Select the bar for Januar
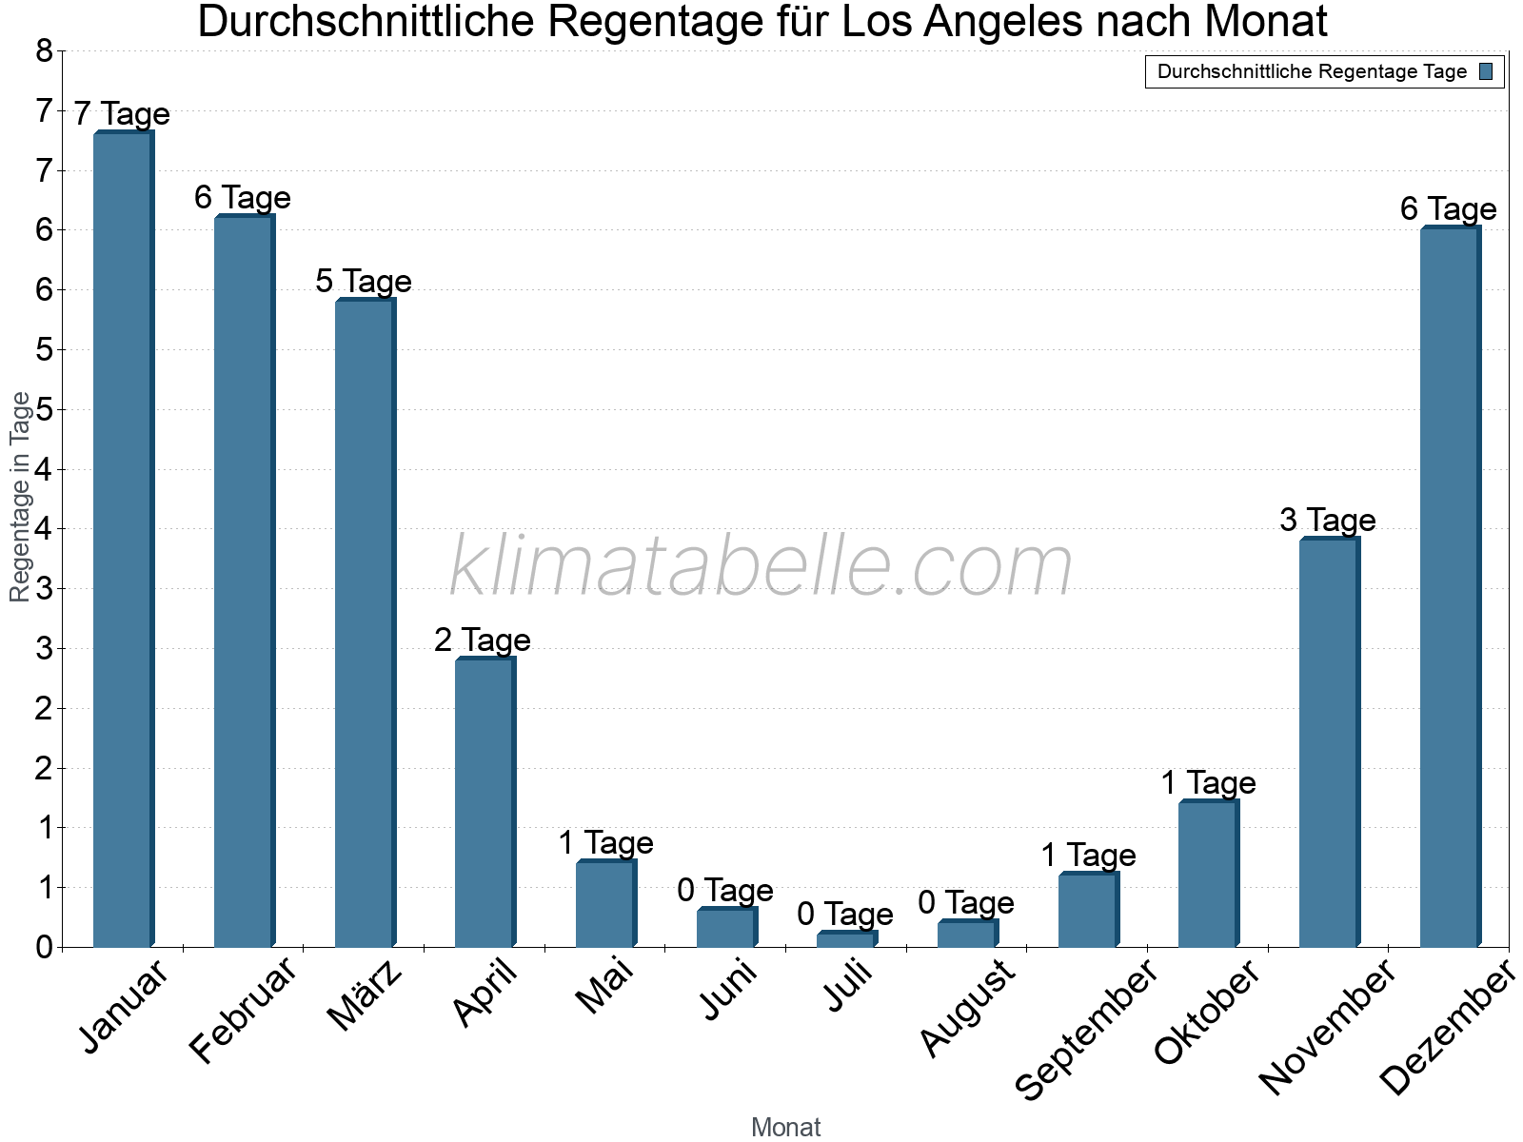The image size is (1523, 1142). pyautogui.click(x=123, y=539)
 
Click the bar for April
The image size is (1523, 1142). pyautogui.click(x=485, y=802)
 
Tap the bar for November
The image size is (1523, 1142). pyautogui.click(x=1329, y=742)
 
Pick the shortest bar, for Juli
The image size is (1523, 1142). pyautogui.click(x=845, y=939)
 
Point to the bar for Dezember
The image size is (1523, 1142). pyautogui.click(x=1450, y=587)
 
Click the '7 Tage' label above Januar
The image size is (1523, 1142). pyautogui.click(x=122, y=114)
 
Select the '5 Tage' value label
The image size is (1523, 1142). pyautogui.click(x=364, y=282)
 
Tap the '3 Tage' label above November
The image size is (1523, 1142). pyautogui.click(x=1328, y=521)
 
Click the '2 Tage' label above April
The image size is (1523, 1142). pyautogui.click(x=483, y=640)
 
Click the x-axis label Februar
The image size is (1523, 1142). pyautogui.click(x=244, y=1011)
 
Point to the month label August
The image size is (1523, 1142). pyautogui.click(x=967, y=1008)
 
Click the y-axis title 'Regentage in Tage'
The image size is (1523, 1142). pyautogui.click(x=20, y=497)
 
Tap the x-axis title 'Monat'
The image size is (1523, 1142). pyautogui.click(x=785, y=1128)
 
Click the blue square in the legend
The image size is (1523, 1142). pyautogui.click(x=1486, y=71)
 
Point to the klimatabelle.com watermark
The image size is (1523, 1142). pyautogui.click(x=761, y=566)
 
